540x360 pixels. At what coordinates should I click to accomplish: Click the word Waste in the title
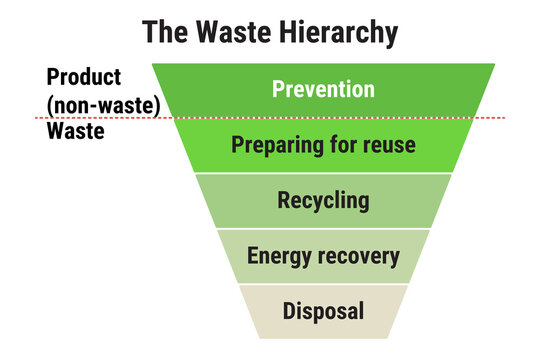coord(233,32)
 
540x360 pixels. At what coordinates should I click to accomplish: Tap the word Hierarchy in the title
coord(339,33)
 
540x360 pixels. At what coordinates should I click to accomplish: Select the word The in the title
coord(165,32)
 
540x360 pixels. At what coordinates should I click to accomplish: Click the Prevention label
coord(323,89)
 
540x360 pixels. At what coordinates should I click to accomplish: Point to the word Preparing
coord(278,145)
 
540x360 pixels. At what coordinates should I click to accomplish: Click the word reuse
coord(389,145)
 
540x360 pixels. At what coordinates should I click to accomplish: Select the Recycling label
coord(323,201)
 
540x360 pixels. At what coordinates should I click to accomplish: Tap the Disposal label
coord(323,311)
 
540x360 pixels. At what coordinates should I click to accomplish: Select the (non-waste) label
coord(103,105)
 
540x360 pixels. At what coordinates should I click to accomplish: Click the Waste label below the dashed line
coord(75,131)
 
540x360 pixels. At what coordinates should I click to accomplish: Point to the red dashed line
coord(270,118)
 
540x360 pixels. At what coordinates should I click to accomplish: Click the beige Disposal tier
coord(323,312)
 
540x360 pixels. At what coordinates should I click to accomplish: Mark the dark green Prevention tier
coord(323,90)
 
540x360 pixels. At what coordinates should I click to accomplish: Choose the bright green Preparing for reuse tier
coord(323,145)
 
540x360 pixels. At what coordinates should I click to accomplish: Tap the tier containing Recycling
coord(323,201)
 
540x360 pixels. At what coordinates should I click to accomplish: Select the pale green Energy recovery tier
coord(323,256)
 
